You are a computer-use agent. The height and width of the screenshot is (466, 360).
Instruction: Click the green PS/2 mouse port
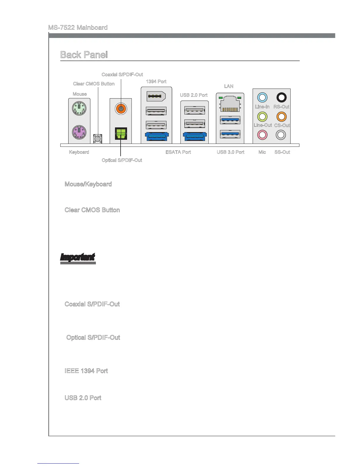[79, 109]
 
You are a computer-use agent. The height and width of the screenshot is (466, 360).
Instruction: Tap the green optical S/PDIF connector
[121, 133]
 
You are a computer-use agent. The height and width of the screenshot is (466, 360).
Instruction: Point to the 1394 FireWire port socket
[156, 96]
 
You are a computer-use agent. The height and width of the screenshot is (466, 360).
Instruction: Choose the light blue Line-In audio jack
[262, 97]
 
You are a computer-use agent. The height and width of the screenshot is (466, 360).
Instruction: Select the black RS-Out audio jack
[281, 97]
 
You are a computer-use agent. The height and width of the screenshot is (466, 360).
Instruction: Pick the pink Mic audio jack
[262, 135]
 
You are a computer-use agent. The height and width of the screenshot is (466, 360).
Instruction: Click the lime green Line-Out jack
[262, 116]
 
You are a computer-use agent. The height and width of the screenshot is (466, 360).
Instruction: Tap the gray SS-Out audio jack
[281, 135]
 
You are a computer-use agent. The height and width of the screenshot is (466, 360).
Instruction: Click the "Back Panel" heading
[84, 55]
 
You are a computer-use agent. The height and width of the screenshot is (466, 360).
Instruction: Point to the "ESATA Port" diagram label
[178, 152]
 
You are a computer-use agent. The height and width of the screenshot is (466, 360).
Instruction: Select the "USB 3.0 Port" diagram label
[231, 152]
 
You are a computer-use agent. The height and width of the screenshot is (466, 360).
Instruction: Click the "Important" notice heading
[78, 257]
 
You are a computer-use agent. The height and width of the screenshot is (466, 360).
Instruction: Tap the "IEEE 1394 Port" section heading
[86, 371]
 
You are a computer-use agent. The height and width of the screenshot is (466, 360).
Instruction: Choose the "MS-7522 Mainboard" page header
[78, 28]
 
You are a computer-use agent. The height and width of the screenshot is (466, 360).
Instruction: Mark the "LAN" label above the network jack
[229, 86]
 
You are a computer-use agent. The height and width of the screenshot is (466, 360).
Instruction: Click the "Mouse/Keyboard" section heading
[88, 184]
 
